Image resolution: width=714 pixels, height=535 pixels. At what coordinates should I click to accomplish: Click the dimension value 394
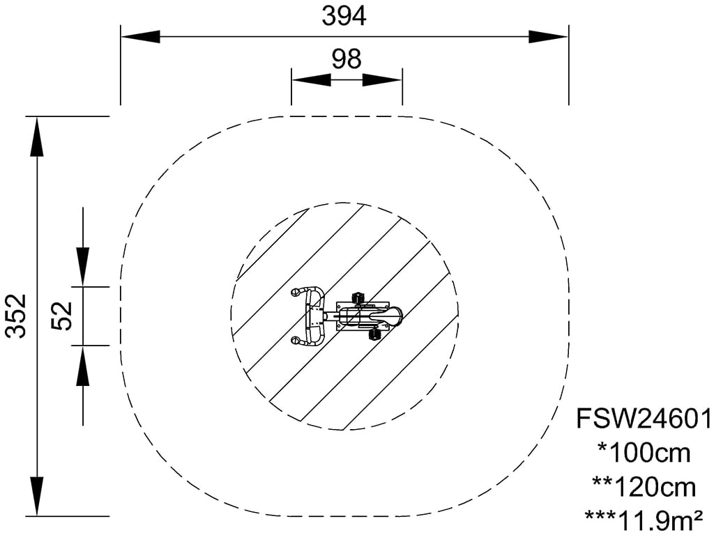344,16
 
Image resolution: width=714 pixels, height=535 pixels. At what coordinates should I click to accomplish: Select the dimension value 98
347,59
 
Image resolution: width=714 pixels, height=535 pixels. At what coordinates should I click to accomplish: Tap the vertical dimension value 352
16,316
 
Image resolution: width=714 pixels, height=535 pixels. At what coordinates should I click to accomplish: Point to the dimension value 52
62,316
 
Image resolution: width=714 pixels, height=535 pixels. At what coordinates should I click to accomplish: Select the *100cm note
644,453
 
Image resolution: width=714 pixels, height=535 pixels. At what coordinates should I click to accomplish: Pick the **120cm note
644,486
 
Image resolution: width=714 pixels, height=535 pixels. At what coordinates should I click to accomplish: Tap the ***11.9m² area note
644,518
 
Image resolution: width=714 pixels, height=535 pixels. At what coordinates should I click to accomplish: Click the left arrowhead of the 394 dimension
141,37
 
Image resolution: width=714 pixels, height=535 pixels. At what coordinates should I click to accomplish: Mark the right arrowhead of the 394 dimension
548,37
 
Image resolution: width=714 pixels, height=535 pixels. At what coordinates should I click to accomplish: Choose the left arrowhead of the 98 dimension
311,79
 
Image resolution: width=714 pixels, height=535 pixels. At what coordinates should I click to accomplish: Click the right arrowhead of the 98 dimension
382,79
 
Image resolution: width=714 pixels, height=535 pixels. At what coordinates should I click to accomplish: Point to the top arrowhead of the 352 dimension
38,137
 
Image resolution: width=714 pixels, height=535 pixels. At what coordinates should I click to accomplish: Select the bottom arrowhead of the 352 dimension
38,496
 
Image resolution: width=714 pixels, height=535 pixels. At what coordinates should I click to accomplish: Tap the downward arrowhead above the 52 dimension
83,267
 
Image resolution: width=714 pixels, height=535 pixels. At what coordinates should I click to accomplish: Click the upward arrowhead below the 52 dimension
83,365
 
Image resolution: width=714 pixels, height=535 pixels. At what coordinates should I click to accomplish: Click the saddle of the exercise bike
386,315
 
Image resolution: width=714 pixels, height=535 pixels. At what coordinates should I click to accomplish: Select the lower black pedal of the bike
374,335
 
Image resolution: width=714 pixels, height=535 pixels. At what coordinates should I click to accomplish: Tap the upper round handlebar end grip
296,292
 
